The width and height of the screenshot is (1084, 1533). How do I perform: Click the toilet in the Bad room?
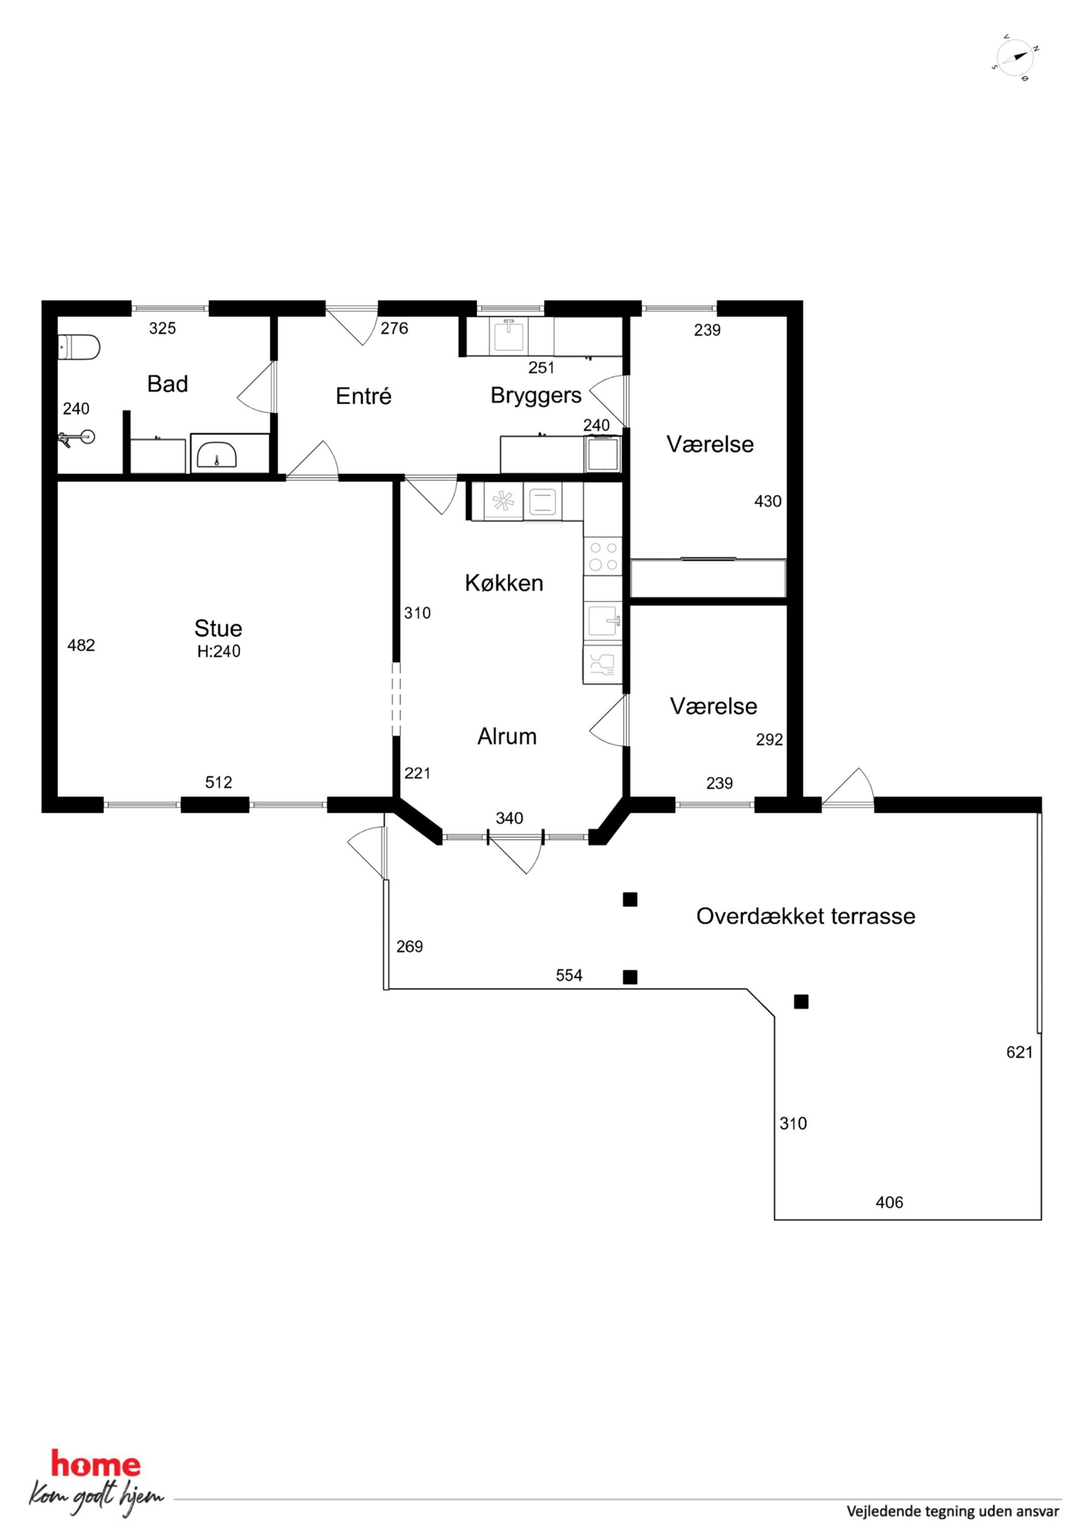78,348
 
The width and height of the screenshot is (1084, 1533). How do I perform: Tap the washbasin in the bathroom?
217,455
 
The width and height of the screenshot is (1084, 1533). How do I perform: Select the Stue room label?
218,628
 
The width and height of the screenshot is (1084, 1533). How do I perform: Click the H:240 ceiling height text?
219,651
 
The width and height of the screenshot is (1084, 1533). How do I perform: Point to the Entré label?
363,396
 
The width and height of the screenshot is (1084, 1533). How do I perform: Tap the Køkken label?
504,583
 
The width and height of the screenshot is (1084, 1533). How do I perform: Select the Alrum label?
507,736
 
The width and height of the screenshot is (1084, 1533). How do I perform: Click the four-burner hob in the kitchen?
603,556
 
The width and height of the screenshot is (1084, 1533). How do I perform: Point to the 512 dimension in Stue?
219,782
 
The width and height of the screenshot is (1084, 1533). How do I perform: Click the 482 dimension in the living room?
81,645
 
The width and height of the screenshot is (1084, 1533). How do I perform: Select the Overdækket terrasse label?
805,916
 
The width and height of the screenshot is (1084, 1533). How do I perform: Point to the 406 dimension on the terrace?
889,1202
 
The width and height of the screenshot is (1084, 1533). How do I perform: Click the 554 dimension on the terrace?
569,976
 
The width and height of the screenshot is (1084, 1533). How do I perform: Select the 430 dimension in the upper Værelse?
768,501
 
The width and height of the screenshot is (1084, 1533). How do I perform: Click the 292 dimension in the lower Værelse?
769,739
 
